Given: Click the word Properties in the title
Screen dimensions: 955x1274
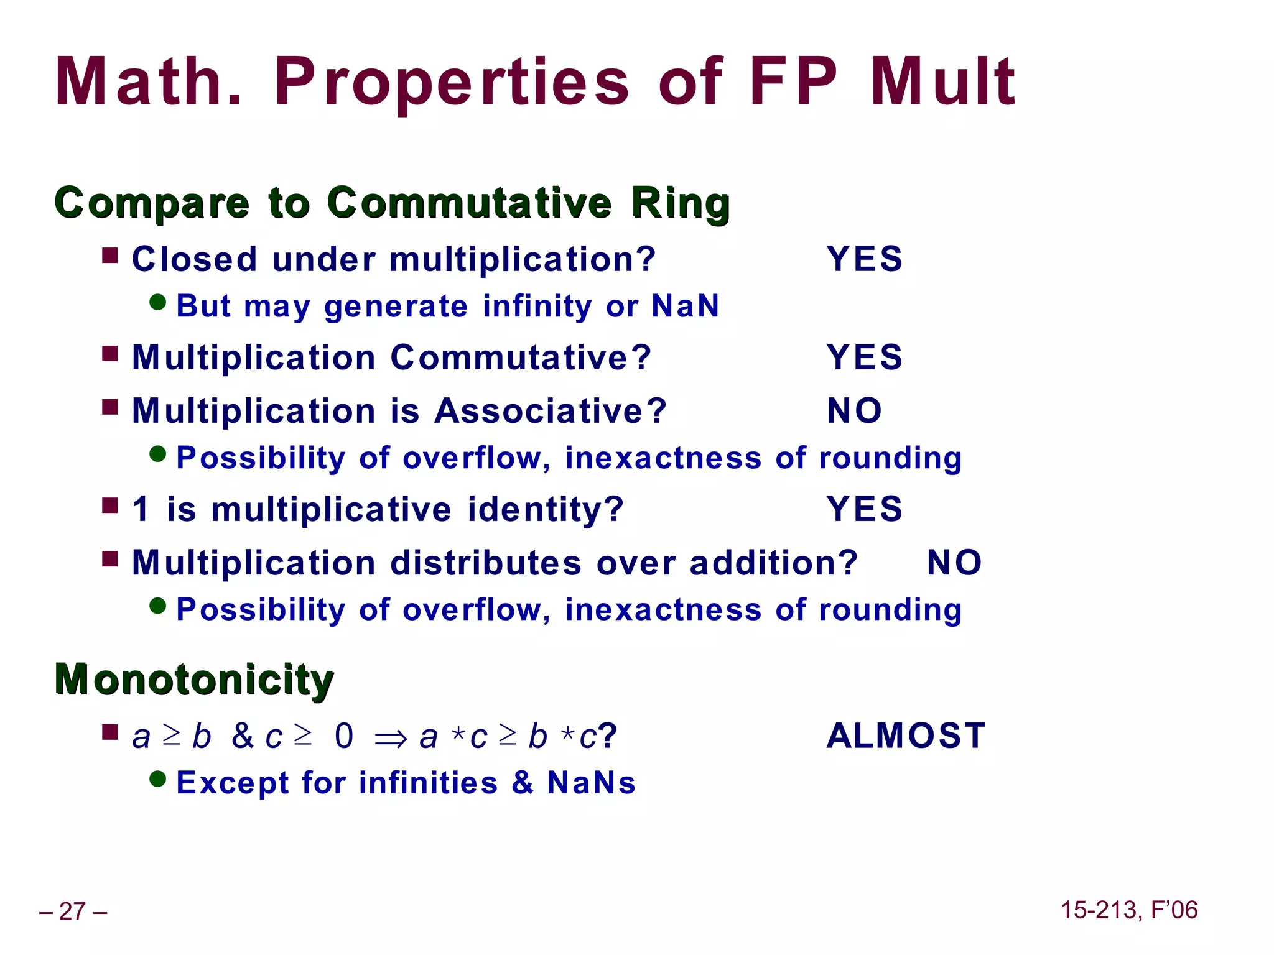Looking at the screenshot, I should click(452, 82).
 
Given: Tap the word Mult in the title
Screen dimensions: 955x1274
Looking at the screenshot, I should click(942, 82).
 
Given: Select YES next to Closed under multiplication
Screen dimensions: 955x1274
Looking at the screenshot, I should click(864, 259).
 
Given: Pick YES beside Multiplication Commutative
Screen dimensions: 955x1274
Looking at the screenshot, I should click(864, 358).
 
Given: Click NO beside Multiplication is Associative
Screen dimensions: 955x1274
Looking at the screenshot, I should click(854, 411).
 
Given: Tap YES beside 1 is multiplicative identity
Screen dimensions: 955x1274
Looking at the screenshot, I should click(864, 509).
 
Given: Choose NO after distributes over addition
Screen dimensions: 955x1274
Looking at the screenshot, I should click(954, 563).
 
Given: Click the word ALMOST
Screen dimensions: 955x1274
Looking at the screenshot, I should click(906, 736).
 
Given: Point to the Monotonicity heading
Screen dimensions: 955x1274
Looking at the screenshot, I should click(194, 679).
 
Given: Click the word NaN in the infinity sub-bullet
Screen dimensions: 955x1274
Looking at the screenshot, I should click(686, 306).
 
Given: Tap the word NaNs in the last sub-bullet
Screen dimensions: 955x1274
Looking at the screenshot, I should click(592, 783).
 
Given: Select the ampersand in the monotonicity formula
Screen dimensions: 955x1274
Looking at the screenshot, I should click(243, 736).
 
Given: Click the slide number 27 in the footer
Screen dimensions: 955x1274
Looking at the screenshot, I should click(73, 911).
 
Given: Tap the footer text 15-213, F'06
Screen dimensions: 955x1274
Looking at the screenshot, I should click(1128, 910).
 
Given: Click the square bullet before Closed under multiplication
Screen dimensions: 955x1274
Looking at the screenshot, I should click(110, 256).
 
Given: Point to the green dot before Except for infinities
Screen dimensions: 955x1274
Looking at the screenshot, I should click(158, 778).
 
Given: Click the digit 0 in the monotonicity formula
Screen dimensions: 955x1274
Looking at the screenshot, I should click(344, 736).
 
